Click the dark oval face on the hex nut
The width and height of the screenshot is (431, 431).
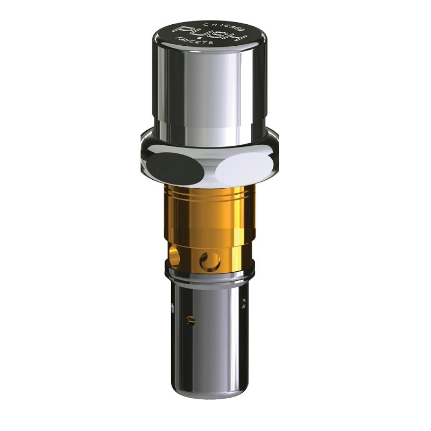tap(175, 168)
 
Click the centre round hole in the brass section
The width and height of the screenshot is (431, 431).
tap(210, 261)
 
